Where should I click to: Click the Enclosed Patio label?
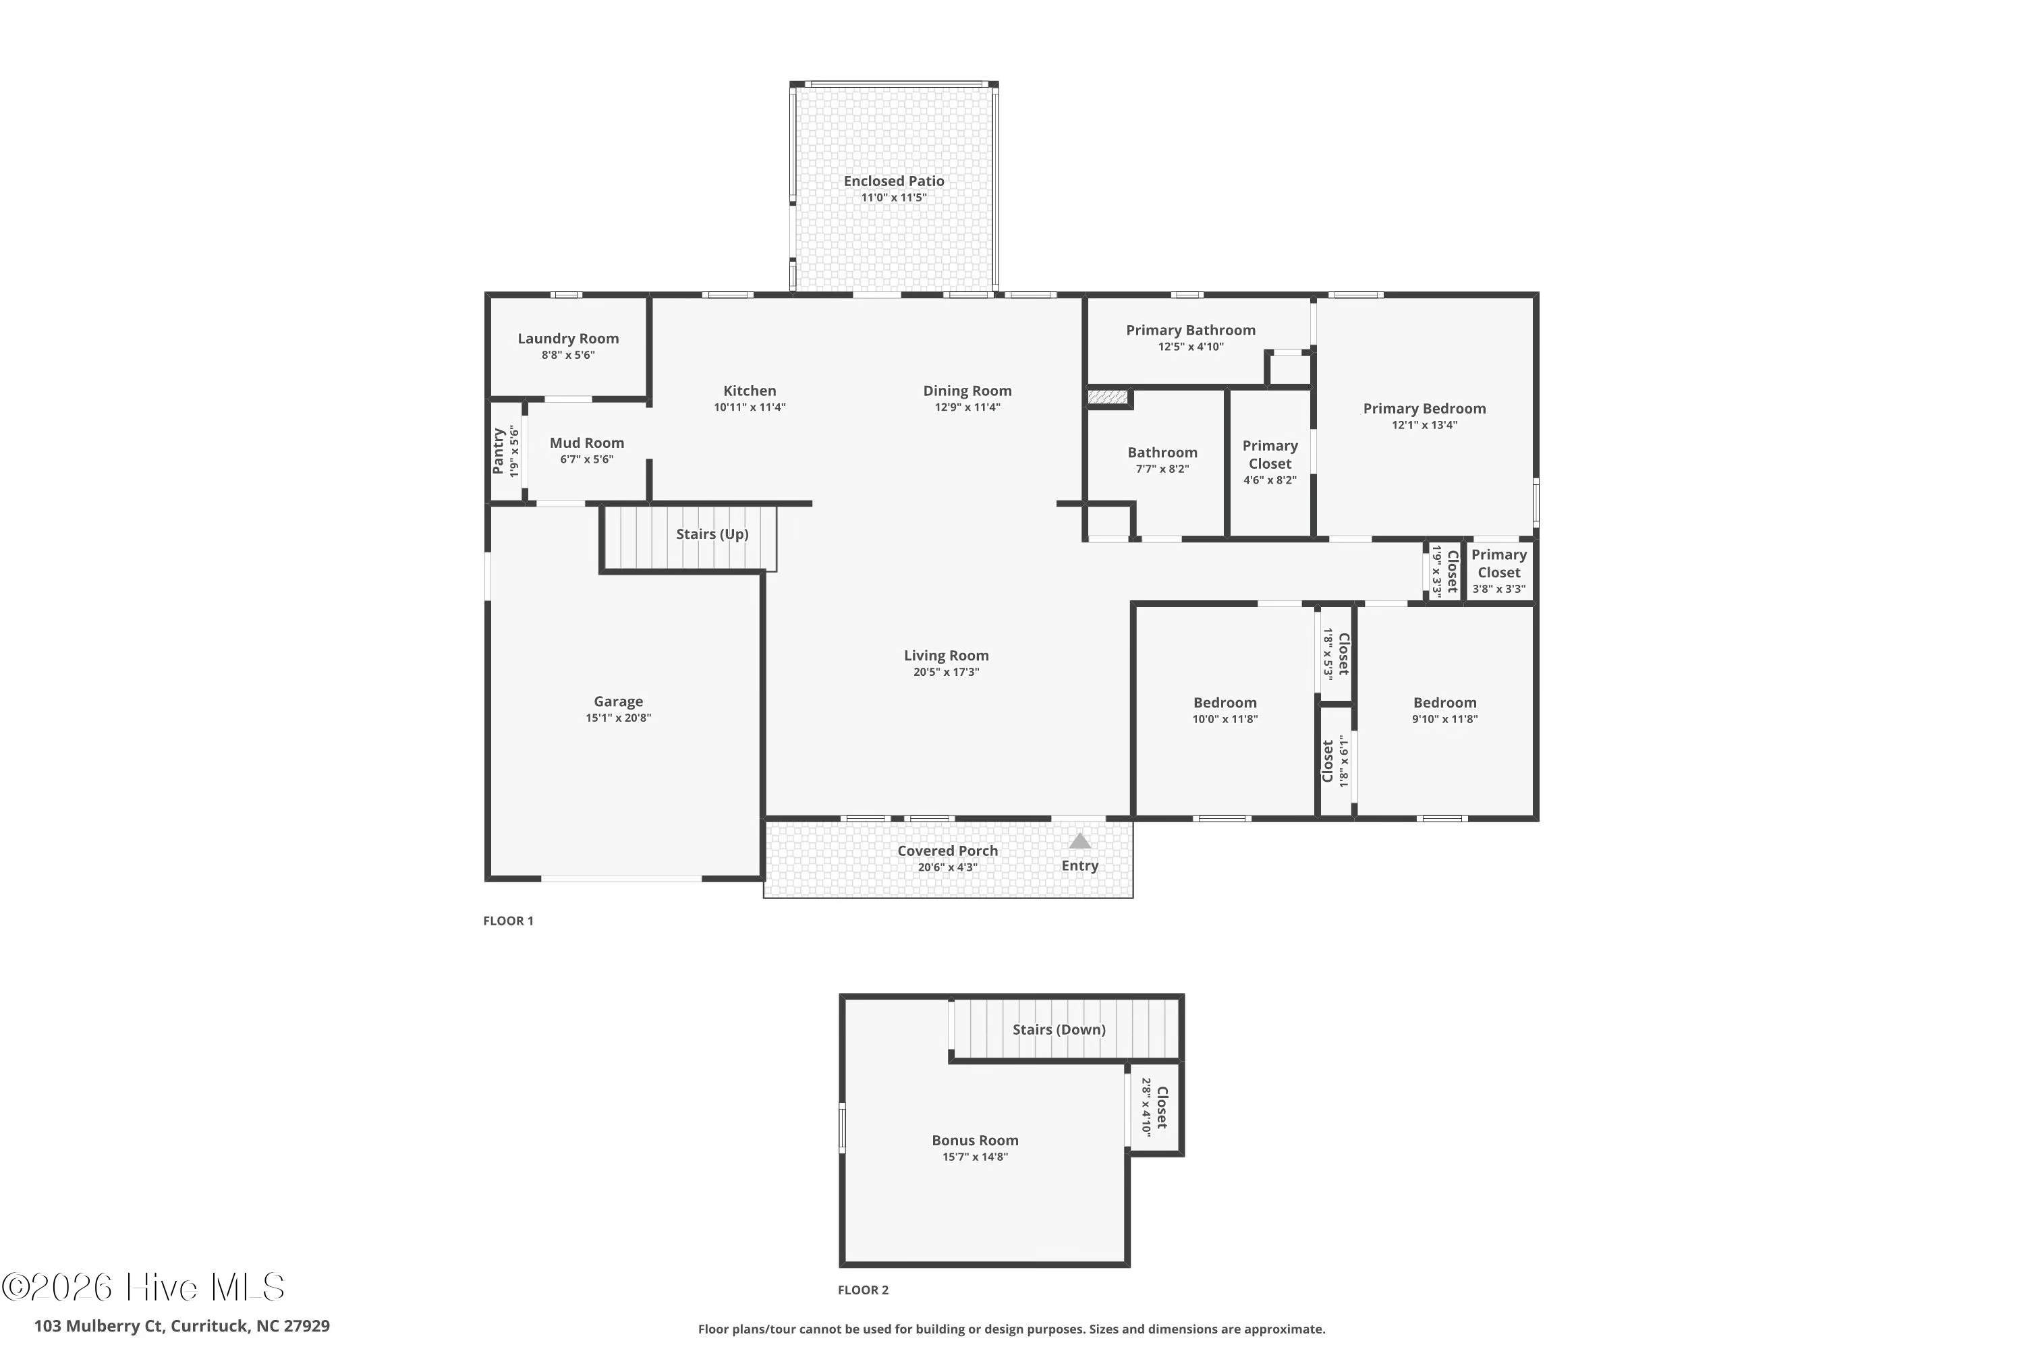[893, 181]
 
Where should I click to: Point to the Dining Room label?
[967, 391]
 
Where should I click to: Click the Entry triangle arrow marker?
[1080, 841]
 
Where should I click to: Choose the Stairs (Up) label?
[712, 534]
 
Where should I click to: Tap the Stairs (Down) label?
[1059, 1030]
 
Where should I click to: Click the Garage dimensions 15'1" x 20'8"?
[619, 718]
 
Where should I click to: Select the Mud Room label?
[587, 443]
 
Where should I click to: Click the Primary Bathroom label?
[1190, 331]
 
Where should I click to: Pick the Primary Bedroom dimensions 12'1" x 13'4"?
[1424, 425]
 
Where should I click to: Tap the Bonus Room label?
[975, 1141]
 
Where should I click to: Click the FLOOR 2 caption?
[863, 1290]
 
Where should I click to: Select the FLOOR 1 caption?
[508, 921]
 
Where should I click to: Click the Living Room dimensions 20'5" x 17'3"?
[946, 672]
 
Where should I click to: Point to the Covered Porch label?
[947, 851]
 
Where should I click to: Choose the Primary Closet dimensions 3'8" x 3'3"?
[1498, 590]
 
